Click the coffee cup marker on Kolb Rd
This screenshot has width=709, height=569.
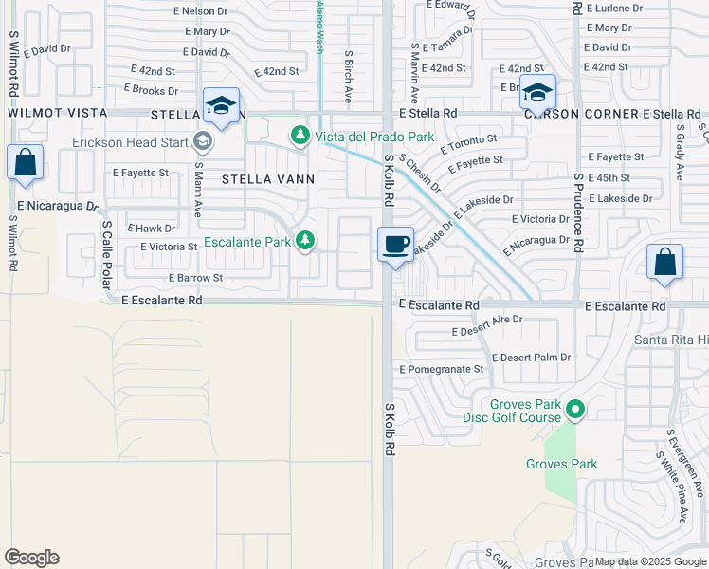coord(395,244)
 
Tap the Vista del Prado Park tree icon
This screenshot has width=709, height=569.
coord(300,137)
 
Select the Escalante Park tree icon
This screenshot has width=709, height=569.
coord(305,241)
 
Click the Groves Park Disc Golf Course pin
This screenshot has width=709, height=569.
coord(574,411)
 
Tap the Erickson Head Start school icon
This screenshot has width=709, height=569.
coord(201,142)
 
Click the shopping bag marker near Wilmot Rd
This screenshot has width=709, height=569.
coord(26,162)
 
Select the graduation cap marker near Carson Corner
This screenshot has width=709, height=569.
coord(537,93)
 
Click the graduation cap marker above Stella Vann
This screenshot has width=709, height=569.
coord(220,105)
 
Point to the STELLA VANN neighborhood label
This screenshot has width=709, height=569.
coord(268,178)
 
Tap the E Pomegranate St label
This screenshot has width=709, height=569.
coord(442,369)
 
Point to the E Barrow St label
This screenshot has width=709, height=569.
coord(195,278)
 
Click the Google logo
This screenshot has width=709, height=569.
coord(31,558)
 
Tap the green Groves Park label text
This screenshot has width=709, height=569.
coord(562,464)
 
